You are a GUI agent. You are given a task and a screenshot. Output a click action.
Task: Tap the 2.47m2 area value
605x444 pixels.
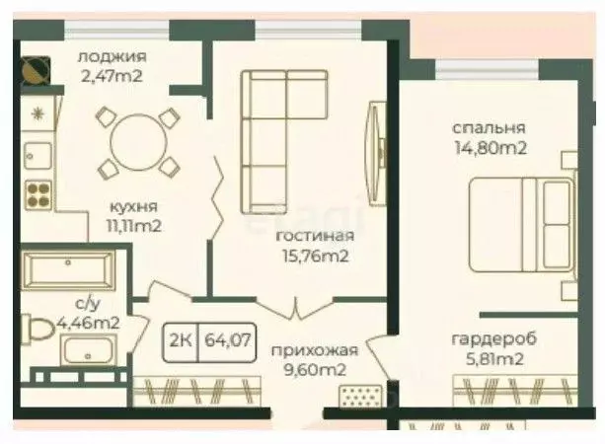coord(112,74)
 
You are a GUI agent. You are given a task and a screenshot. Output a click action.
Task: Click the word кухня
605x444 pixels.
coord(134,207)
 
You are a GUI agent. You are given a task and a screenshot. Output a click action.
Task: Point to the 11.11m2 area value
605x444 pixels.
coord(134,225)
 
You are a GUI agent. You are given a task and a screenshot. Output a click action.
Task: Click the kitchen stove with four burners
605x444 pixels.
coord(38,192)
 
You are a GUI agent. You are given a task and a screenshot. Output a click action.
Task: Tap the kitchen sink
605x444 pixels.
coord(37,154)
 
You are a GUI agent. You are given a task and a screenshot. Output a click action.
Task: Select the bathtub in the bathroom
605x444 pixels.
coord(71,268)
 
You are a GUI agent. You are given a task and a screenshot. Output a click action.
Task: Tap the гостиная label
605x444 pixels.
coord(315,237)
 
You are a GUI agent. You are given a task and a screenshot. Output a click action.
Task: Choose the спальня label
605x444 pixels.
coord(489,128)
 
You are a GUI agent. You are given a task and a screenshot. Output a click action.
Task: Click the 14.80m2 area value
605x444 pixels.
coord(489,148)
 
